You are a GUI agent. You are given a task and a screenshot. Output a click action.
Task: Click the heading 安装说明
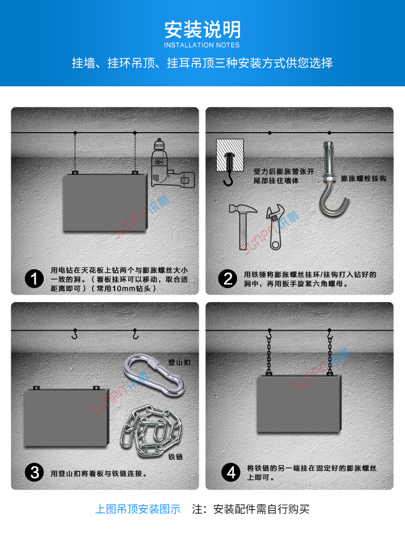click(x=202, y=29)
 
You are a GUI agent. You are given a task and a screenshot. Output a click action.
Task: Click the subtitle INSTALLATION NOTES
click(x=202, y=45)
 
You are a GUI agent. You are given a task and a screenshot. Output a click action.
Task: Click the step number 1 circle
click(x=35, y=279)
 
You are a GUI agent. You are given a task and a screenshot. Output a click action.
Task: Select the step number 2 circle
click(x=228, y=279)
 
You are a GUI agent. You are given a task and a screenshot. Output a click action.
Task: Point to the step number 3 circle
click(x=35, y=473)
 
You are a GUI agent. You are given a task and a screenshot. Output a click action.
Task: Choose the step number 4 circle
click(x=231, y=473)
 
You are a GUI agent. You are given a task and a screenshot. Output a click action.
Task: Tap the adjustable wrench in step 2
click(x=275, y=226)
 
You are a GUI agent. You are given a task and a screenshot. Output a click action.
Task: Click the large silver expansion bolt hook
click(x=330, y=181)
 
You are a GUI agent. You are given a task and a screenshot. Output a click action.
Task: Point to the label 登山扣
click(x=179, y=363)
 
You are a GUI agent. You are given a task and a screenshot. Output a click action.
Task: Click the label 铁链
click(x=176, y=457)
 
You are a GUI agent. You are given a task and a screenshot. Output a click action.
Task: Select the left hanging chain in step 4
click(x=268, y=353)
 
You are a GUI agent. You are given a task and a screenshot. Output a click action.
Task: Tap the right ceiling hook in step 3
click(x=136, y=334)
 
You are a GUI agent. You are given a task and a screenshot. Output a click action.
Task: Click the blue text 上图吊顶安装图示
click(x=138, y=509)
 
